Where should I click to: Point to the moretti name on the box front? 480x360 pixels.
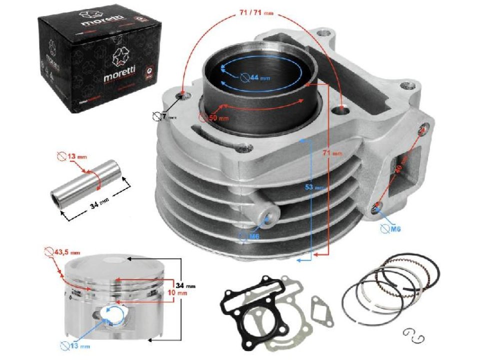(118, 78)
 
